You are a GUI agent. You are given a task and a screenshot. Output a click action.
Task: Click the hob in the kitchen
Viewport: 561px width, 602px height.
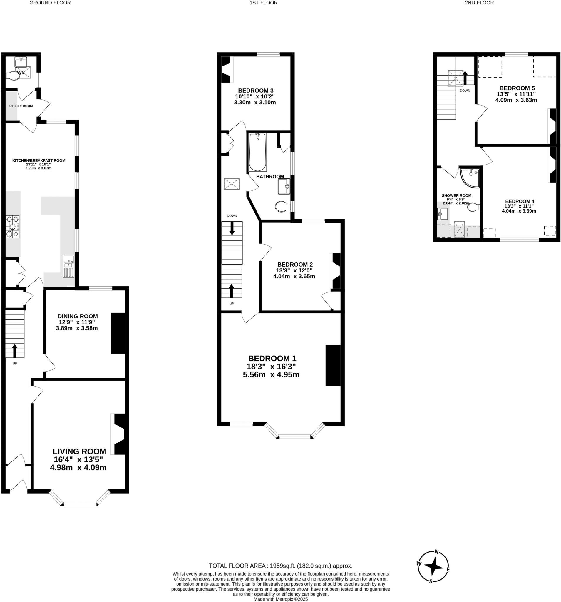click(12, 226)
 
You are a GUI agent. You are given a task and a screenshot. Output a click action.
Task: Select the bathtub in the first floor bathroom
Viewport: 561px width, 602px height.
click(258, 152)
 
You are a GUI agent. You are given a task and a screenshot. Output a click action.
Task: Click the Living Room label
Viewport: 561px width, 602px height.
click(79, 451)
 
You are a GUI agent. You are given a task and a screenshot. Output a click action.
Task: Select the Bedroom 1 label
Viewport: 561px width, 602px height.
click(272, 359)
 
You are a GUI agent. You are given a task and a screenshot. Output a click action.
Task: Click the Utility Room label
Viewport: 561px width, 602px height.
click(21, 106)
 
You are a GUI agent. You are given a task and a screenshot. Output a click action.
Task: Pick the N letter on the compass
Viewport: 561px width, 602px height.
click(436, 551)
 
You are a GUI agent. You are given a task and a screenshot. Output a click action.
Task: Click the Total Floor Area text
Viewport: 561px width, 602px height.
click(280, 566)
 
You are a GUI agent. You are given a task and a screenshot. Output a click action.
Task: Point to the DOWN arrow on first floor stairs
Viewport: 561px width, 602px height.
click(232, 228)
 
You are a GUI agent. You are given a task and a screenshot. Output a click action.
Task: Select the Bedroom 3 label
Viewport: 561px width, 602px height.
click(256, 90)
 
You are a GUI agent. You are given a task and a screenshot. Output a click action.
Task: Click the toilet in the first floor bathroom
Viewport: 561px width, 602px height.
click(282, 207)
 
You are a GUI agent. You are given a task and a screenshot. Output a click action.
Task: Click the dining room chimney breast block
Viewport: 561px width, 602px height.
click(118, 333)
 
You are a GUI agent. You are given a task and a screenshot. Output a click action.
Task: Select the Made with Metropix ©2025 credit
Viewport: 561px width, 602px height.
click(280, 599)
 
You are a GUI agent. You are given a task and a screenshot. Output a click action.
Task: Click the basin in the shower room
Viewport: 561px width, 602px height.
click(442, 214)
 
